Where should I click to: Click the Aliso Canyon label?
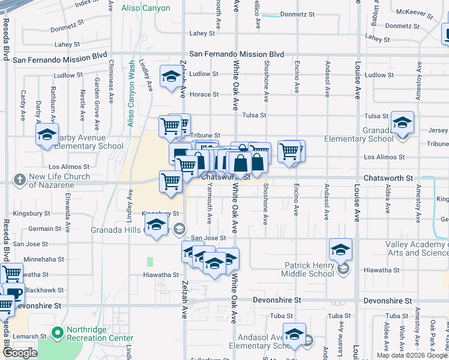[145, 8]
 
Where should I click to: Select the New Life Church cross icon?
[20, 179]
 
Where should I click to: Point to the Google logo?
[20, 353]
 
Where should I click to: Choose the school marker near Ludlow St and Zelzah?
[171, 76]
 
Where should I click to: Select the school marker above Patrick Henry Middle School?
[340, 249]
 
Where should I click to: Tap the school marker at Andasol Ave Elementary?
[294, 334]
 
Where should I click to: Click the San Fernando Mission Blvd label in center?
[237, 54]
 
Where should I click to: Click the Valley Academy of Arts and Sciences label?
[417, 248]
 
